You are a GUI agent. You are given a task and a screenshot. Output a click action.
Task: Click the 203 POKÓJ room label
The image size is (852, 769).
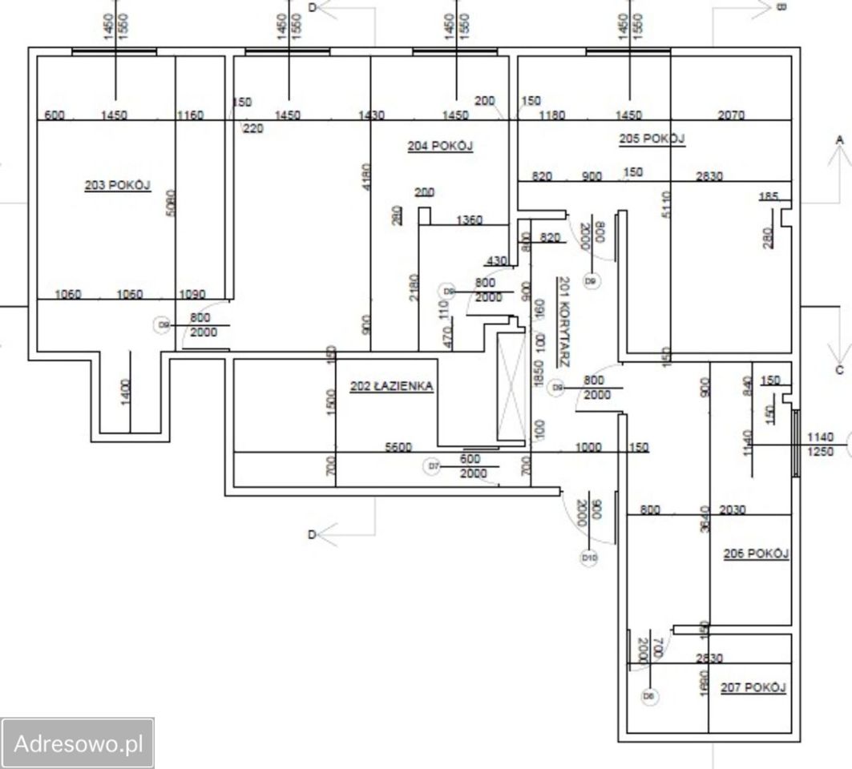(x=118, y=185)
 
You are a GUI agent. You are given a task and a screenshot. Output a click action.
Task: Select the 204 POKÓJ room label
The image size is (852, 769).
(x=440, y=146)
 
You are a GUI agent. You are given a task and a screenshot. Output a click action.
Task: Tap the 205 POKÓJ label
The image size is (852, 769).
(x=652, y=139)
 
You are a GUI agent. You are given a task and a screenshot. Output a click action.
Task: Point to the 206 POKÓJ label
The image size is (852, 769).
(x=756, y=554)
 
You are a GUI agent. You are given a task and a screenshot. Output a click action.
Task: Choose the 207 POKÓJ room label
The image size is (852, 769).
(x=753, y=687)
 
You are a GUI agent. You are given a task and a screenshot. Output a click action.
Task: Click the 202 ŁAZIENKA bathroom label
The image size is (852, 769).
(x=392, y=386)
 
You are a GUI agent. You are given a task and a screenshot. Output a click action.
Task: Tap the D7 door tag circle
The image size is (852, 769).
(x=434, y=465)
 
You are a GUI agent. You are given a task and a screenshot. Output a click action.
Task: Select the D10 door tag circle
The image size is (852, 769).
(x=589, y=557)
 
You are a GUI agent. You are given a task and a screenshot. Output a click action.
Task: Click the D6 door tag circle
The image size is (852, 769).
(x=650, y=696)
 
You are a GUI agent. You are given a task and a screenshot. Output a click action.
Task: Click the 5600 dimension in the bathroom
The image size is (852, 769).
(x=398, y=449)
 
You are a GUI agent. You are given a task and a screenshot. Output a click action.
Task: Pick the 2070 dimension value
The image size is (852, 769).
(x=730, y=115)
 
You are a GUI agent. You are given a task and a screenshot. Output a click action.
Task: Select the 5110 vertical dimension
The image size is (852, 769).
(x=666, y=203)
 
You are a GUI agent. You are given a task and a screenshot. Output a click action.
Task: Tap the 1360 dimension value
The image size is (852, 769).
(x=469, y=219)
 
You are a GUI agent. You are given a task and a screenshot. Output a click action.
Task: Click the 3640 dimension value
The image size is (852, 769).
(x=705, y=519)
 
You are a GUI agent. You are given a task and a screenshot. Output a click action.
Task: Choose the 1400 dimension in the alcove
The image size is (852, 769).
(x=126, y=392)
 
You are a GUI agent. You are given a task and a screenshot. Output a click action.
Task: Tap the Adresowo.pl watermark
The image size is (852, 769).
(x=78, y=743)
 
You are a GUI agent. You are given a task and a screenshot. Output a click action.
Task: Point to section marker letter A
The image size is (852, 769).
(x=840, y=140)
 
